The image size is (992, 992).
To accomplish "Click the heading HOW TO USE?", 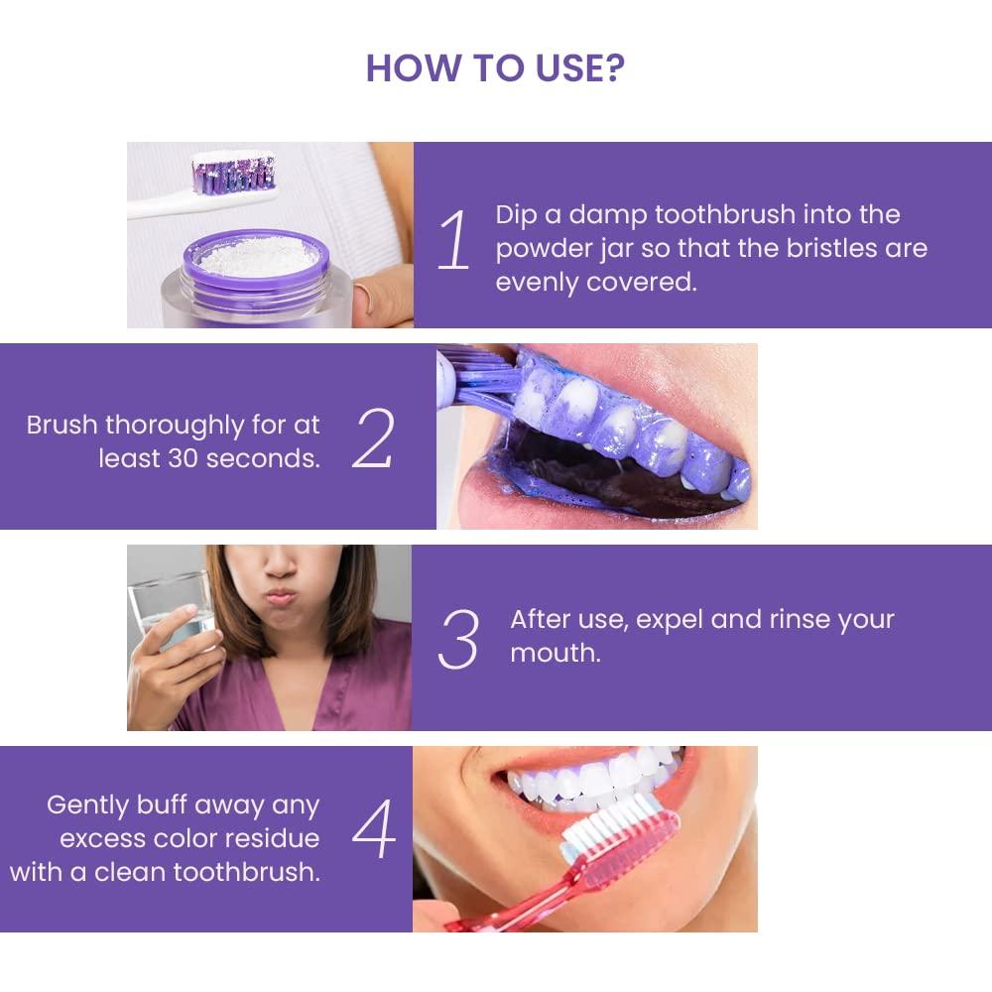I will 495,67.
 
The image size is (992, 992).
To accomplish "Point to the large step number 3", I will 458,639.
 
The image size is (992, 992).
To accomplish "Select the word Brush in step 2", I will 62,426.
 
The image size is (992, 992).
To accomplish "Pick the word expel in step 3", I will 671,620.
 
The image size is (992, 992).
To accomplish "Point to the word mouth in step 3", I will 555,654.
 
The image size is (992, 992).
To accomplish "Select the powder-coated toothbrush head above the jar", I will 234,170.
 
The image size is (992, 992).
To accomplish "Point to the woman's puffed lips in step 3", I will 281,597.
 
